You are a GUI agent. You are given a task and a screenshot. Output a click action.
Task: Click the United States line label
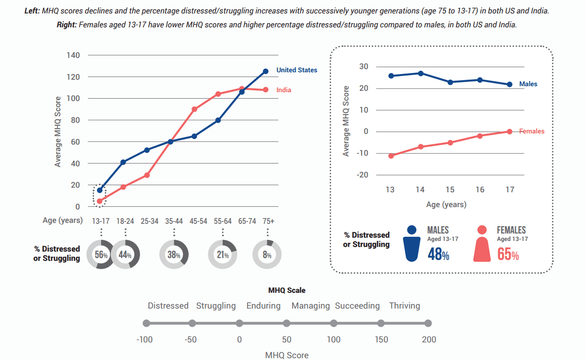tap(297, 70)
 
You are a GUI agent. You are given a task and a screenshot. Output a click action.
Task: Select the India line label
tap(284, 90)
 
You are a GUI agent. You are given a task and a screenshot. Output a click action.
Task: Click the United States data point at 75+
tap(266, 71)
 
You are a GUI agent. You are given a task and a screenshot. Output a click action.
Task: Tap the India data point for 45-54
tap(194, 109)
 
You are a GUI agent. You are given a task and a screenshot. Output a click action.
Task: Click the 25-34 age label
tap(150, 221)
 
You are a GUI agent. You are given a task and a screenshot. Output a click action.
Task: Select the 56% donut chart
tap(100, 255)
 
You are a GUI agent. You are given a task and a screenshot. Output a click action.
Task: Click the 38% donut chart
tap(174, 255)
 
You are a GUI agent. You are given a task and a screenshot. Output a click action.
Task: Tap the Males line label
tap(529, 84)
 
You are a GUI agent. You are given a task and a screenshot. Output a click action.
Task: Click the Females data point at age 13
tap(391, 156)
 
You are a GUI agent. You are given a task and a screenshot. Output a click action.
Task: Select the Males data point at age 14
tap(420, 73)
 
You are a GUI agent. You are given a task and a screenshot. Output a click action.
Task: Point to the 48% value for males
tap(438, 254)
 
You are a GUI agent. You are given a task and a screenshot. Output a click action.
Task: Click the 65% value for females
tap(508, 254)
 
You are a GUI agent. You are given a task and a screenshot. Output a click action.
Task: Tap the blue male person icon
tap(412, 244)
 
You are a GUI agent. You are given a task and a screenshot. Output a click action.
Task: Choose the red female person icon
tap(482, 244)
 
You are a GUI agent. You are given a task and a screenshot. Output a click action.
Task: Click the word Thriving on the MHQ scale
tap(404, 306)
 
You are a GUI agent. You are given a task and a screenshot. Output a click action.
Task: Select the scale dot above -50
tap(192, 323)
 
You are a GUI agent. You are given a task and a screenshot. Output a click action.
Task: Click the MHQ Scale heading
tap(287, 291)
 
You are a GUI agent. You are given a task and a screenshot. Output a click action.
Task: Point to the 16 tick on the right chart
tap(480, 190)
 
